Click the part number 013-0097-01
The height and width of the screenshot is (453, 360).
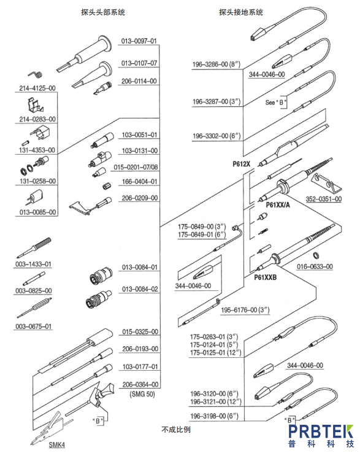tap(139, 41)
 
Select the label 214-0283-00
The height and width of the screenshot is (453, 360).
tap(37, 119)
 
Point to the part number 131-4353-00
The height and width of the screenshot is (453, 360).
tap(37, 150)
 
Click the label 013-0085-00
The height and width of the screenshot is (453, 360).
tap(37, 212)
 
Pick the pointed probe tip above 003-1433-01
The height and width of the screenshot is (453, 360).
tap(34, 247)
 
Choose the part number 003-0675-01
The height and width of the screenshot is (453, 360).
tap(34, 326)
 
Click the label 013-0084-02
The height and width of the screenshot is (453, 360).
tap(140, 289)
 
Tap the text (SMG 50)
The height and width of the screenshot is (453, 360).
tap(142, 394)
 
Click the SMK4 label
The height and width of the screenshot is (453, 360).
tap(56, 444)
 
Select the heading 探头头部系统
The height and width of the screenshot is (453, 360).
tap(103, 12)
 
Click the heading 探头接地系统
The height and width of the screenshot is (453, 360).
tap(241, 12)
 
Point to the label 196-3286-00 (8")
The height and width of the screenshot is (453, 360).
tap(216, 64)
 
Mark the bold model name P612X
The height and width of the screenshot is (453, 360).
tap(242, 164)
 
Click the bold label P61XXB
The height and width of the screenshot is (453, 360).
tap(266, 277)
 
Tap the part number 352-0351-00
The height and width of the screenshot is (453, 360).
tap(324, 199)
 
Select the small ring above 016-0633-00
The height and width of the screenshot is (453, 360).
tap(316, 255)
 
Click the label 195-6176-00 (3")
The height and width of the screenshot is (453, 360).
tap(245, 310)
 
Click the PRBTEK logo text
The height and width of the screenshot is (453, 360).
tap(321, 432)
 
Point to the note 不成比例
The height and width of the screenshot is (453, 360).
tap(176, 430)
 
